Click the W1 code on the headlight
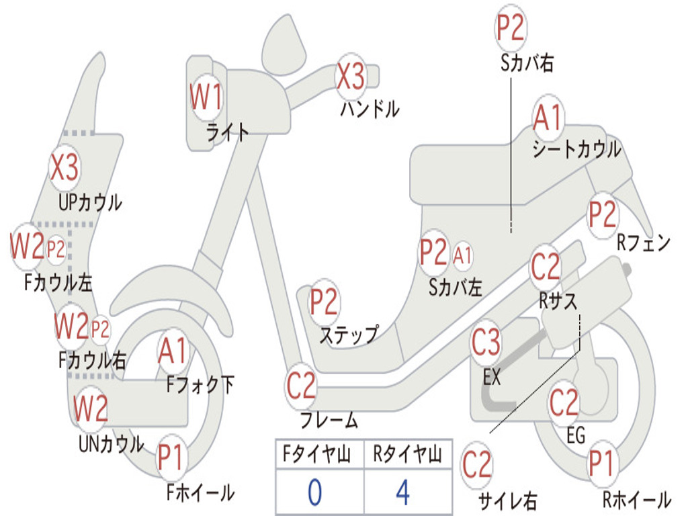(x=206, y=97)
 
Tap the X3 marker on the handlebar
(x=350, y=76)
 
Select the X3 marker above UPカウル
(x=64, y=167)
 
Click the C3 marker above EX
(x=486, y=342)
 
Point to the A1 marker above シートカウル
(x=548, y=117)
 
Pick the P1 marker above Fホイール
(x=170, y=458)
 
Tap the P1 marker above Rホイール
(x=601, y=463)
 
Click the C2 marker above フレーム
(x=300, y=386)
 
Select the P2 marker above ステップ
(x=324, y=302)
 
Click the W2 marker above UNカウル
(x=91, y=408)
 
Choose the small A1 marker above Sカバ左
(x=462, y=255)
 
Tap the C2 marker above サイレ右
(x=477, y=465)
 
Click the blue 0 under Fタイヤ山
(x=314, y=492)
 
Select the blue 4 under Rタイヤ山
(x=402, y=492)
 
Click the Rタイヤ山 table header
(x=408, y=454)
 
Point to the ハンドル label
(x=370, y=108)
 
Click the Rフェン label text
(x=644, y=242)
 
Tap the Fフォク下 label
(x=200, y=385)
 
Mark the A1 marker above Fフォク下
(x=173, y=351)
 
